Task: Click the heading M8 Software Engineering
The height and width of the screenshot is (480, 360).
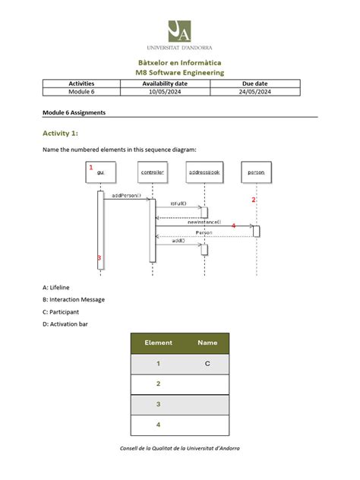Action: [179, 72]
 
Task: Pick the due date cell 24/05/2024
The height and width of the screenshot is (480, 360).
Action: [256, 91]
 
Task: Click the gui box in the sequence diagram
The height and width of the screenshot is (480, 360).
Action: [100, 172]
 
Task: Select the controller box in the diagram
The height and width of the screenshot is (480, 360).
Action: [152, 172]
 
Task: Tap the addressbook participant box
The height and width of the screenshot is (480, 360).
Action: [204, 172]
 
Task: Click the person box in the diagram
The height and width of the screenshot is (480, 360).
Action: [256, 172]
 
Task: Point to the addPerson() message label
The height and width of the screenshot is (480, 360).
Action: [126, 195]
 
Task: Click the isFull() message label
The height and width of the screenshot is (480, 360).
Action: [178, 204]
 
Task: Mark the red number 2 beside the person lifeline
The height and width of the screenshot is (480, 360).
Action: [254, 200]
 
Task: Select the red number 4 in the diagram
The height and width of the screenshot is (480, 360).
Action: [233, 226]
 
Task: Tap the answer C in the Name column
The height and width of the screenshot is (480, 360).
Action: [207, 364]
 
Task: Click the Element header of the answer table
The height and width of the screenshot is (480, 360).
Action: [159, 343]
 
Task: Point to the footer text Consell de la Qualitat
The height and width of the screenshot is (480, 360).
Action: [179, 448]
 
